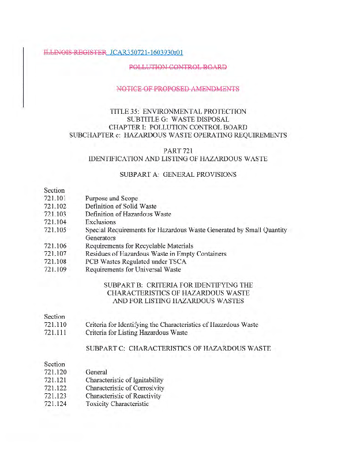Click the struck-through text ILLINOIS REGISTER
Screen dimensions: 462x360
coord(74,53)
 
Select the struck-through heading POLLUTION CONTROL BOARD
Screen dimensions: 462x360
coord(178,67)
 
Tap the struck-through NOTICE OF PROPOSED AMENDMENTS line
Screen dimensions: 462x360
coord(178,89)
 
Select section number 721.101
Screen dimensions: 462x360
coord(55,198)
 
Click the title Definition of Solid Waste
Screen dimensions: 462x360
coord(121,206)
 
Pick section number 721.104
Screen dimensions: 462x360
coord(55,222)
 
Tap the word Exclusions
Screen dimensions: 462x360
coord(100,222)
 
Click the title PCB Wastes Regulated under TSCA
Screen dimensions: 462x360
coord(136,262)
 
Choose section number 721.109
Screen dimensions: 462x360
coord(55,269)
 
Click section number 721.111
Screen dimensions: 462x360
coord(55,333)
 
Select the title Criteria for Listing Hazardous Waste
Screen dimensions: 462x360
coord(136,333)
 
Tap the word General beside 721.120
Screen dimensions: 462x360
coord(96,372)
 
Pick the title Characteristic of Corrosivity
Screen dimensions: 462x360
coord(125,388)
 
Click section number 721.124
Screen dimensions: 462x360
coord(55,404)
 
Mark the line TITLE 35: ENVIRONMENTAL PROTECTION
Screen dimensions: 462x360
coord(178,111)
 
